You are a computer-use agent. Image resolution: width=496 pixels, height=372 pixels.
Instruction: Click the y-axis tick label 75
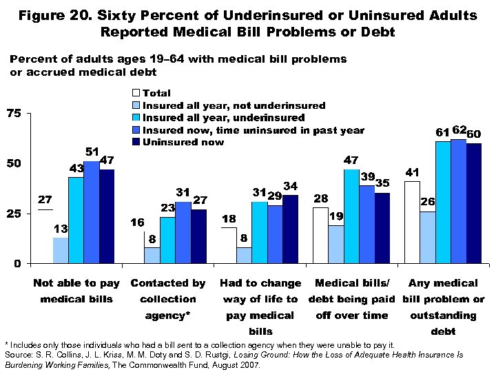click(x=14, y=113)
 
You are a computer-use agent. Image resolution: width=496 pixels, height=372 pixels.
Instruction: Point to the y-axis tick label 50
click(x=14, y=163)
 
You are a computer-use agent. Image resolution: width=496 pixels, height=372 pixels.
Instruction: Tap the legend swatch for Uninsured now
click(x=136, y=143)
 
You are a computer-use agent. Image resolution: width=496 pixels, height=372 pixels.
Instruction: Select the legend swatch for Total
click(x=136, y=93)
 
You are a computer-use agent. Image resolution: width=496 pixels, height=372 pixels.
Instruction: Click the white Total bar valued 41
click(x=412, y=222)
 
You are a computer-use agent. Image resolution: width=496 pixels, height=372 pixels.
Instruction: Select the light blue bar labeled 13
click(x=61, y=250)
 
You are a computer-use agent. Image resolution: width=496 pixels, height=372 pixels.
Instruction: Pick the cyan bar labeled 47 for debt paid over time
click(x=351, y=216)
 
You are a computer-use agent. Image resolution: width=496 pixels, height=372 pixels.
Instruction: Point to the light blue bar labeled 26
click(x=427, y=237)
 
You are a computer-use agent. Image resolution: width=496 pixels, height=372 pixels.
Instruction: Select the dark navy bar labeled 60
click(x=473, y=203)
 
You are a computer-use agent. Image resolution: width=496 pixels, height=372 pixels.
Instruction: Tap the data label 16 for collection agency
click(x=137, y=223)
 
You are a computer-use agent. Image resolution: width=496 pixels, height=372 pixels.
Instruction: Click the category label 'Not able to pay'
click(x=76, y=283)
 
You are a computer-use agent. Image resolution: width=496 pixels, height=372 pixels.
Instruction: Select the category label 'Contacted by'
click(x=168, y=283)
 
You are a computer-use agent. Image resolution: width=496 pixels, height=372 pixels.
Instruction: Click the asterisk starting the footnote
click(x=7, y=344)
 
